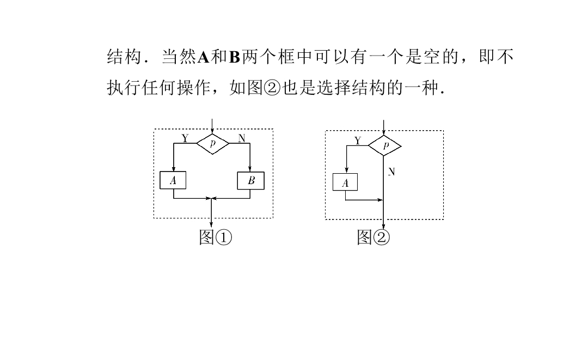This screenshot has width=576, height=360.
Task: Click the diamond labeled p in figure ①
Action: click(x=212, y=143)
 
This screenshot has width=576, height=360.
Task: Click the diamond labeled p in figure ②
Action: click(x=385, y=145)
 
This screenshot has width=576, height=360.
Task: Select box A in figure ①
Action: click(x=173, y=180)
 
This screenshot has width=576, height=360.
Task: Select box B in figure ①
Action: click(x=251, y=180)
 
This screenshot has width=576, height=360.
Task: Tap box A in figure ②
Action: click(x=345, y=182)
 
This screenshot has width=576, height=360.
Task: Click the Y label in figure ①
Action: click(x=185, y=138)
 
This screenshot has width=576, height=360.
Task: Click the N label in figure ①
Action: click(x=241, y=138)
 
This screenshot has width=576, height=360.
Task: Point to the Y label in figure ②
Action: click(x=358, y=141)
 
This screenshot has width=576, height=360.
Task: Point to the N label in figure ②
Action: click(x=391, y=172)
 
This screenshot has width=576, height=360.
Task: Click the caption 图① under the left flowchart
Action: click(x=216, y=237)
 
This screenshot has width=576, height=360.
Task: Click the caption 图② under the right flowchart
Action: click(x=373, y=237)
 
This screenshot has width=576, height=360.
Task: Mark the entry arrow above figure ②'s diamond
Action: click(x=385, y=127)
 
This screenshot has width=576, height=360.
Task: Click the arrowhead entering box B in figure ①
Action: click(x=250, y=169)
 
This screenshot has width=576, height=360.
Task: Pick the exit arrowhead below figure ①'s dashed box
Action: click(x=212, y=224)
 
